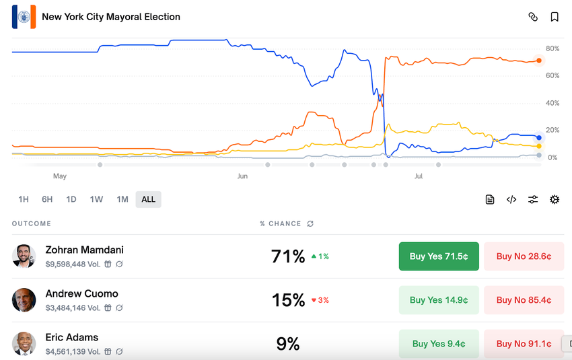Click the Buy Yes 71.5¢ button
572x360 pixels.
439,256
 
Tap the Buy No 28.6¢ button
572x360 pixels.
524,256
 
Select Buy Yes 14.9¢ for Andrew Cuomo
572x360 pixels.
439,300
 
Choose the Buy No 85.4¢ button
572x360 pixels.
524,300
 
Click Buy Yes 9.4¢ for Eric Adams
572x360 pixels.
439,344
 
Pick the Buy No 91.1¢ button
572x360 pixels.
524,344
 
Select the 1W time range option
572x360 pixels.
96,199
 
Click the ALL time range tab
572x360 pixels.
148,199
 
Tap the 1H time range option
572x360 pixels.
24,199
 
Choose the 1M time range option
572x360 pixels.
122,199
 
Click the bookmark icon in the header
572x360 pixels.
555,17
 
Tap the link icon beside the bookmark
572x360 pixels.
533,17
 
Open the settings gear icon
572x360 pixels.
555,199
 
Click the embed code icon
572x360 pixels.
511,199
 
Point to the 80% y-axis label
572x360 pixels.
552,48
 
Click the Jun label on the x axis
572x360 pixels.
242,176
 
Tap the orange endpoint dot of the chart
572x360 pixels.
539,61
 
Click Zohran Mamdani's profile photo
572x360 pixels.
24,256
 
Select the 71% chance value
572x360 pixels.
288,256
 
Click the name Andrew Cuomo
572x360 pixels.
81,294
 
